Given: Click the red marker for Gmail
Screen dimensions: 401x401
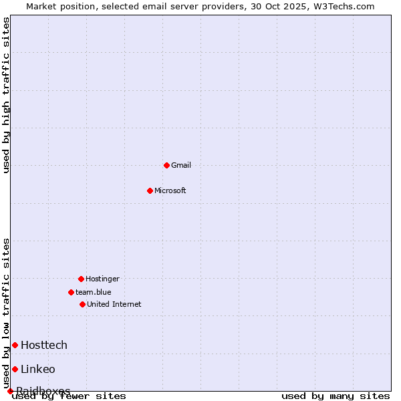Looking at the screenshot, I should (166, 165).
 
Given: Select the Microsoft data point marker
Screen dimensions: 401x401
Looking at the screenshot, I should (150, 190).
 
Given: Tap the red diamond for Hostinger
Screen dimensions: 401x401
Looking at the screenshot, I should (81, 279).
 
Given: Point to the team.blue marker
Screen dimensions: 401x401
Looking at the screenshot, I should (71, 292).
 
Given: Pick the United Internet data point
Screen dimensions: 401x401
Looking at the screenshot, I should (82, 304).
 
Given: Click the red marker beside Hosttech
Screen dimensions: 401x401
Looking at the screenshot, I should (15, 345).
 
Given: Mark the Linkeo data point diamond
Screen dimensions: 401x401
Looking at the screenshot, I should (15, 369).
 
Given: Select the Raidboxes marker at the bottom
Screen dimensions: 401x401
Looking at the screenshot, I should (10, 391).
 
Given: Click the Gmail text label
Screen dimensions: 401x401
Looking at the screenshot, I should (181, 165).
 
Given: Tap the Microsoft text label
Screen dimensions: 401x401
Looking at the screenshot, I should (170, 190).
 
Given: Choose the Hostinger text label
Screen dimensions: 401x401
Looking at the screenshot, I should (102, 279).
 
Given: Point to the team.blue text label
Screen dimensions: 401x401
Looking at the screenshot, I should (94, 292).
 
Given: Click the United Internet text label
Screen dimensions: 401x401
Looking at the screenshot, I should (114, 304).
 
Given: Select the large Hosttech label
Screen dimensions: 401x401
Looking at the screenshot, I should (44, 345).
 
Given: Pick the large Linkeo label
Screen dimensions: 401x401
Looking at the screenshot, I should (38, 369).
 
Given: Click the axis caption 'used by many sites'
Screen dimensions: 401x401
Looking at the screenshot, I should (336, 396).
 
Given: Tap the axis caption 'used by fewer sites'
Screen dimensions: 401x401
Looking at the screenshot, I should (70, 396).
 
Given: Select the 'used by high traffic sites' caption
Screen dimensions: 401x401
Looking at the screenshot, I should (6, 95).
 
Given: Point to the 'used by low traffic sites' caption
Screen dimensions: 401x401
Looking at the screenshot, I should (6, 313).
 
